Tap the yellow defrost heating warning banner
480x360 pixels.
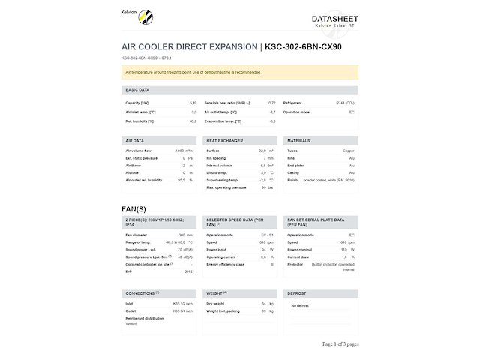click(239, 72)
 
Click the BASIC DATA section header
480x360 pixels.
click(138, 89)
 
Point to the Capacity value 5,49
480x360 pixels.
click(193, 102)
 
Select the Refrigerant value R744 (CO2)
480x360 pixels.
click(345, 102)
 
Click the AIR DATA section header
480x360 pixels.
click(135, 140)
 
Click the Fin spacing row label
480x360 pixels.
click(216, 158)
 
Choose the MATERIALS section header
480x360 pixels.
click(299, 140)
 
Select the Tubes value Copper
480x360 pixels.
click(349, 151)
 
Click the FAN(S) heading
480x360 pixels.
click(133, 208)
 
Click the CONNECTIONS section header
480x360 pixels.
click(141, 292)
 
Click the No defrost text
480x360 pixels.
click(300, 305)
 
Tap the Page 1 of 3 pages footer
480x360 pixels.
click(340, 343)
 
